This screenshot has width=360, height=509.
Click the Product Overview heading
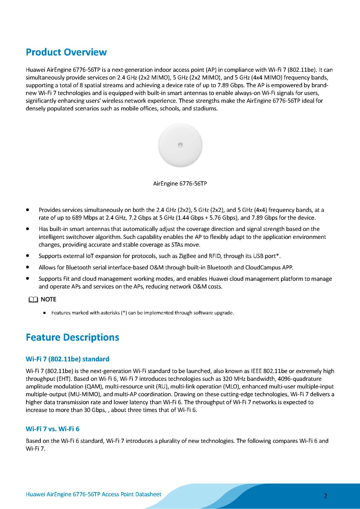(x=66, y=52)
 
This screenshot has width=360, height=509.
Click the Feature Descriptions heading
(x=72, y=337)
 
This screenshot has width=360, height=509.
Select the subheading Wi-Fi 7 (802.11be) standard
(x=67, y=359)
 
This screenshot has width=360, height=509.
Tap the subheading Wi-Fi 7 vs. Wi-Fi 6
(x=53, y=429)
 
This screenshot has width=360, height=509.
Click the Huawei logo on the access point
(x=180, y=145)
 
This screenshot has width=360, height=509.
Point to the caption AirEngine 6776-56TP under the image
(x=180, y=184)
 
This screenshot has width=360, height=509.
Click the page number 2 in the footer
(x=325, y=496)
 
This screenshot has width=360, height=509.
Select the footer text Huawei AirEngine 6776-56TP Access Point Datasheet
(x=93, y=494)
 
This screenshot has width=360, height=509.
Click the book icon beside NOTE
(x=33, y=300)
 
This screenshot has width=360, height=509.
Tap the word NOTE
(x=48, y=299)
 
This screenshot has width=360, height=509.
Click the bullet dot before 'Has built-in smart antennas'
(x=28, y=229)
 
